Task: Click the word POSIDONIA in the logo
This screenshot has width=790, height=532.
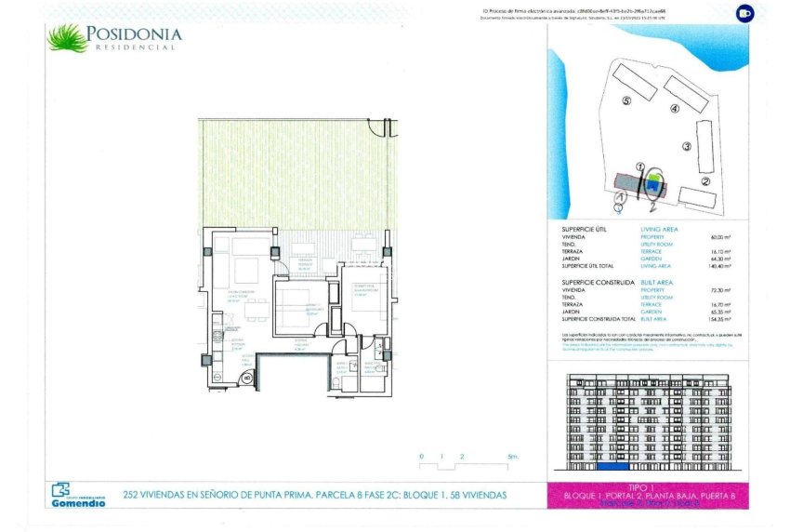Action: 135,34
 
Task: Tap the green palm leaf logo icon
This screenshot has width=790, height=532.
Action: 67,38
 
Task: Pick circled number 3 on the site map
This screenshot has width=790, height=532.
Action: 687,146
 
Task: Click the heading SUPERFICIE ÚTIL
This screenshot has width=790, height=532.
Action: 586,228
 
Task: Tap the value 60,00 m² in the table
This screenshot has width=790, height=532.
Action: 718,237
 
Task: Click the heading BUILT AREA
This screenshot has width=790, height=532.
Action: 657,282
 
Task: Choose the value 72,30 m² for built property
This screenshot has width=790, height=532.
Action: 718,290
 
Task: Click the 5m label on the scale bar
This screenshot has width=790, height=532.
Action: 512,457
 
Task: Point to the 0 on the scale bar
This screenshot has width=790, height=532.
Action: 421,457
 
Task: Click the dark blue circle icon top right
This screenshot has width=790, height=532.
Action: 744,13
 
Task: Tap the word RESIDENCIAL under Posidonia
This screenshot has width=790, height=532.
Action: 135,47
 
